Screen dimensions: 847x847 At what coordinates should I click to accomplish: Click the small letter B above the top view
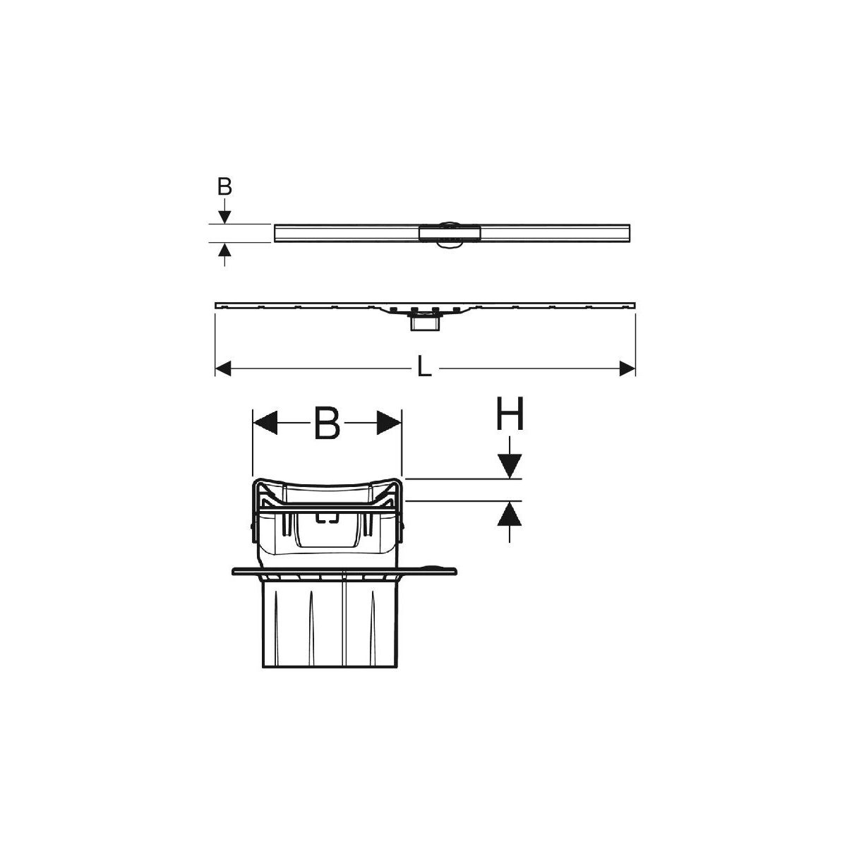[x=224, y=187]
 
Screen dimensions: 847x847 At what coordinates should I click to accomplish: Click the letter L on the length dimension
[x=424, y=366]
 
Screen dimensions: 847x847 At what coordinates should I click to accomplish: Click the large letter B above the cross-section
[x=328, y=423]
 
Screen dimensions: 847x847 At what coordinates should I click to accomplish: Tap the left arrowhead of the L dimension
[x=223, y=368]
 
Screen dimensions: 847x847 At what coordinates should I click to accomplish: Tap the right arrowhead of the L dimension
[x=627, y=368]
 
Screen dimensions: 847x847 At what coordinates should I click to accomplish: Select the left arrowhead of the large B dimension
[x=265, y=423]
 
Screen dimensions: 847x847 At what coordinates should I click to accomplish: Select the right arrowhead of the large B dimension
[x=389, y=423]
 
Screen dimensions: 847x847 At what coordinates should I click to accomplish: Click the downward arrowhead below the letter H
[x=510, y=467]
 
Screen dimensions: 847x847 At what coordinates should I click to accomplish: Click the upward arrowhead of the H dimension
[x=510, y=513]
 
